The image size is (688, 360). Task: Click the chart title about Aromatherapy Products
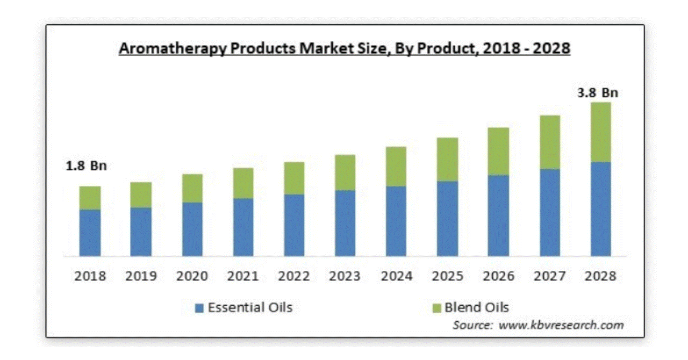[x=344, y=48]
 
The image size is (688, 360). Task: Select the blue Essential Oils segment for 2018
[x=90, y=233]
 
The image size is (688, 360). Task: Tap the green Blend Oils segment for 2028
[x=600, y=132]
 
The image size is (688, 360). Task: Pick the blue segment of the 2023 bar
[x=345, y=223]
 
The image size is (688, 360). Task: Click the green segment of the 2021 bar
[x=243, y=183]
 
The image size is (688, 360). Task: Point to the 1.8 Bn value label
[x=87, y=166]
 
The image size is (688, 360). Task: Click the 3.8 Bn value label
[x=598, y=93]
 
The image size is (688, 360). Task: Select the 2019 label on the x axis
[x=141, y=276]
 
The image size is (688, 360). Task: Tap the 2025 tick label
[x=448, y=276]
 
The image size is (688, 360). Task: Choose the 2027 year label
[x=549, y=276]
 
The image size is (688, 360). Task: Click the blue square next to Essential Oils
[x=199, y=308]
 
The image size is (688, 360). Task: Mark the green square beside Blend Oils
[x=436, y=308]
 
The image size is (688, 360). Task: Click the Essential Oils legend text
[x=250, y=308]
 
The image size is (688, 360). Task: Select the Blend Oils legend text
[x=476, y=308]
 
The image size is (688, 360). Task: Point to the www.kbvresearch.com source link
[x=561, y=325]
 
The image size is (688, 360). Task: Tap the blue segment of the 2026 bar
[x=498, y=215]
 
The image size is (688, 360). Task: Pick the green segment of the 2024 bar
[x=396, y=167]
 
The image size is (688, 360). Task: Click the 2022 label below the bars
[x=294, y=276]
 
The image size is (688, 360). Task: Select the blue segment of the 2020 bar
[x=192, y=229]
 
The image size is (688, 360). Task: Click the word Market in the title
[x=325, y=48]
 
